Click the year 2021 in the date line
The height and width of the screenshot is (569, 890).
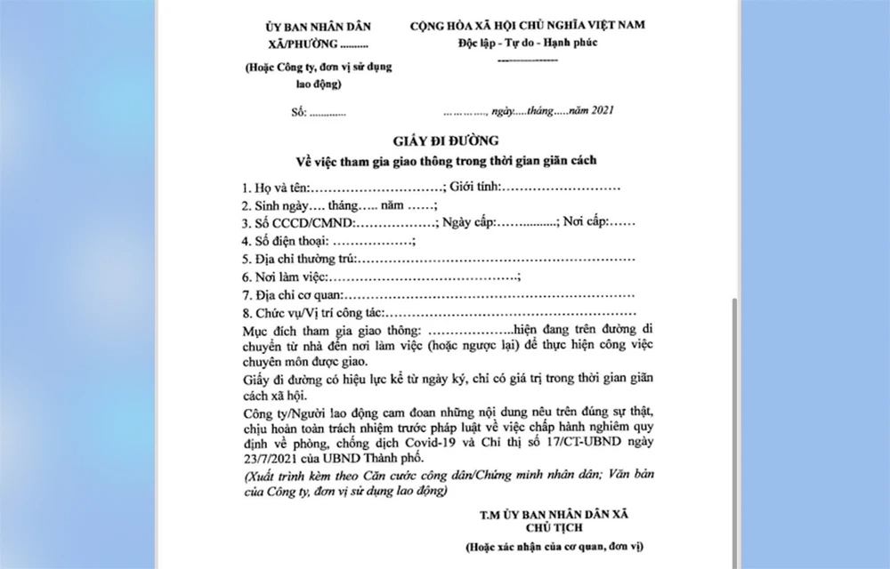pyautogui.click(x=597, y=111)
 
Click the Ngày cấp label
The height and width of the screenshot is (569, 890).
pyautogui.click(x=469, y=223)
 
